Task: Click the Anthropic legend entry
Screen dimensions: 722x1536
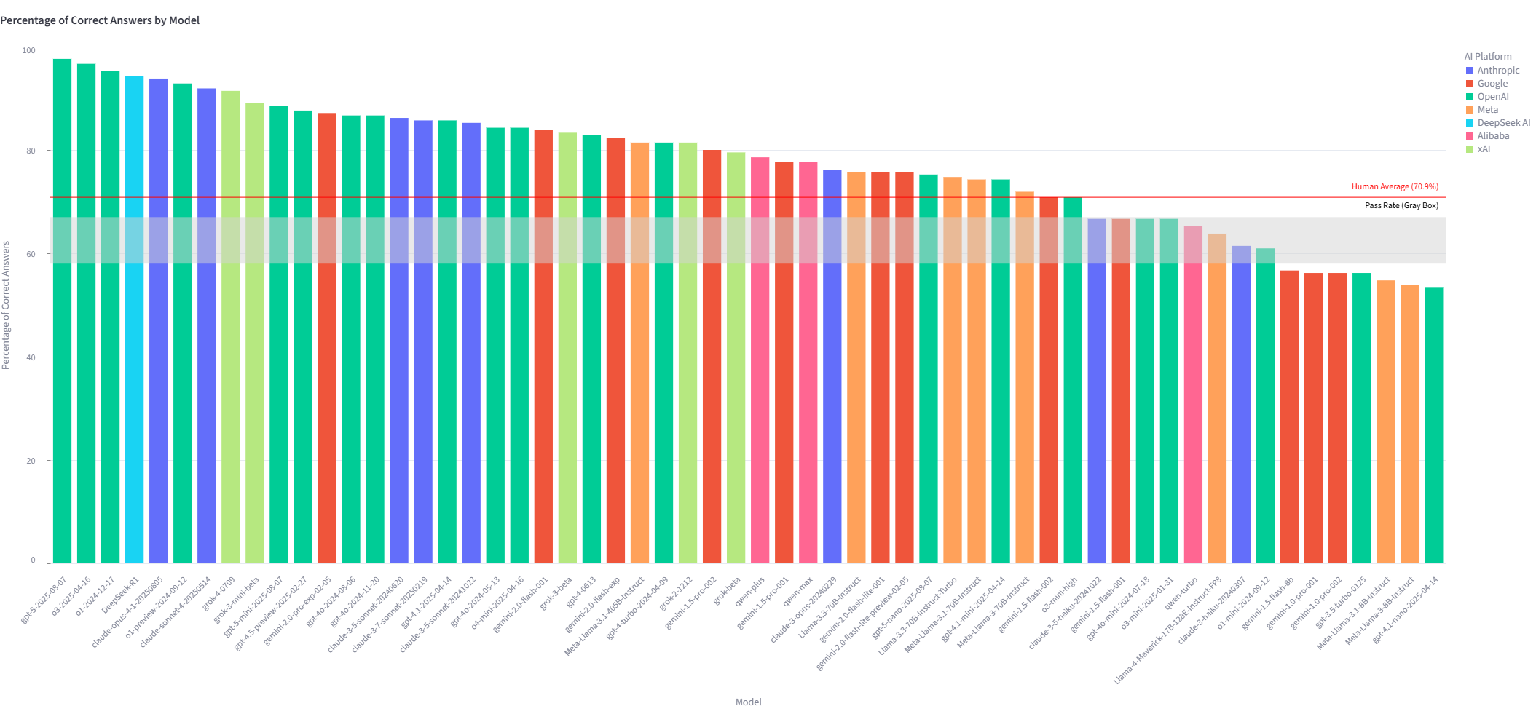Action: point(1497,71)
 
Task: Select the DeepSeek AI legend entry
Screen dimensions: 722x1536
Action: point(1503,123)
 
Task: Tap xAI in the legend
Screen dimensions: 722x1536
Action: point(1484,149)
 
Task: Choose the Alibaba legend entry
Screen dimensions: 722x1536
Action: point(1493,136)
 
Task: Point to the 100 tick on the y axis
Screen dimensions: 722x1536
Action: point(28,50)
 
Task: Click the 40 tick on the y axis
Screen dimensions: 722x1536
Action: point(31,357)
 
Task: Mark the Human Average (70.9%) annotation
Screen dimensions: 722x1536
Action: point(1394,186)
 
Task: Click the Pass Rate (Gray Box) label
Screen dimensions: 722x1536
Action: point(1401,205)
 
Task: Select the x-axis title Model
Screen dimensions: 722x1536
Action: point(748,702)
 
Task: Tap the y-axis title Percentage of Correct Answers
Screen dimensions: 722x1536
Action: point(6,305)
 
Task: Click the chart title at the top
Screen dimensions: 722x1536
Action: point(100,20)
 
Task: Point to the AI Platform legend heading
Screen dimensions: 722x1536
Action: point(1487,56)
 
